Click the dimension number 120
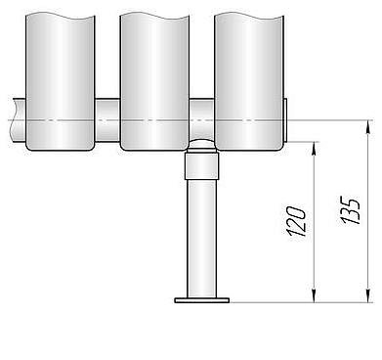click(x=296, y=221)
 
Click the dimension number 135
click(x=351, y=210)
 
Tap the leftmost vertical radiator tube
click(x=61, y=81)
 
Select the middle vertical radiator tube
click(x=154, y=81)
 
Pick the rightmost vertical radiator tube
click(x=248, y=81)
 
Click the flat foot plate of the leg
click(x=202, y=300)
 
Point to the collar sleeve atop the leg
click(x=201, y=166)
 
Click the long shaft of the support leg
click(x=201, y=239)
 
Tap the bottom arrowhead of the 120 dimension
click(x=314, y=296)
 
